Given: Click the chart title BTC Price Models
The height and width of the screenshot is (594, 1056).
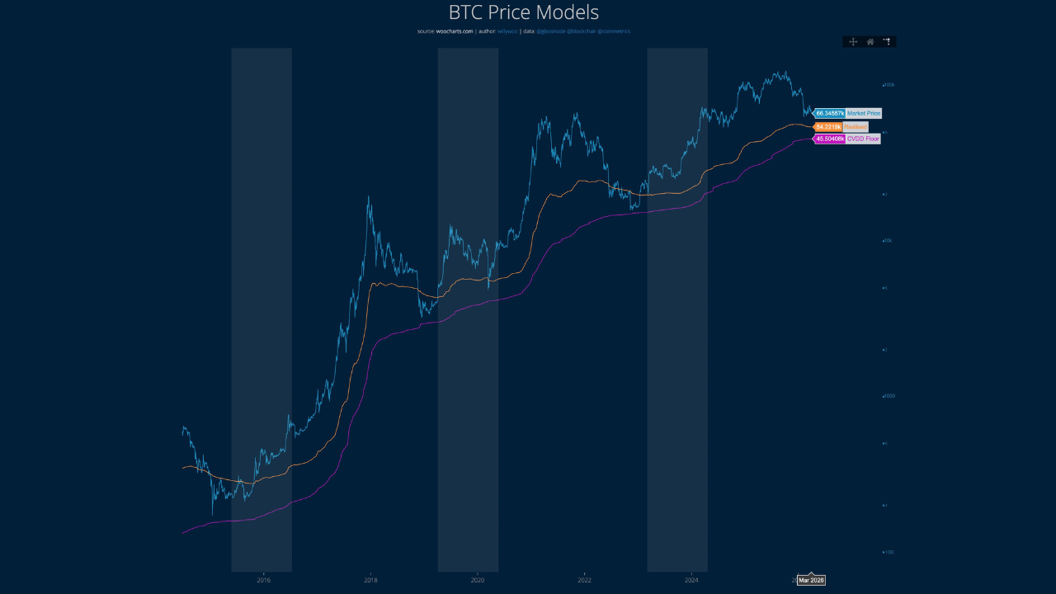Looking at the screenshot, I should pos(523,12).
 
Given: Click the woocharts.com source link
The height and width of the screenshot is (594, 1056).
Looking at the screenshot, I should pos(455,31).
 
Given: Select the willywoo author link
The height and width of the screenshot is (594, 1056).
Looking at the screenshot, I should pos(507,31).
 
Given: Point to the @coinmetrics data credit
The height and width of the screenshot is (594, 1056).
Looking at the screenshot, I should pos(615,31).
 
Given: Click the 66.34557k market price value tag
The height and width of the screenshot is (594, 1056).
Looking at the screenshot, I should pos(829,113).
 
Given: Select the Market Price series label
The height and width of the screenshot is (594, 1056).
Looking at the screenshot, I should pos(864,113).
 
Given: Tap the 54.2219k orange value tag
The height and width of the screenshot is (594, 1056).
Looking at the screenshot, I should pos(828,127).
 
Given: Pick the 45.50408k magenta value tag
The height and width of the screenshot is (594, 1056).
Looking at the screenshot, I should pos(829,139).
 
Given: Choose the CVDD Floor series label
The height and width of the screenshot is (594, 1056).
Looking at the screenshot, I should pos(863,139).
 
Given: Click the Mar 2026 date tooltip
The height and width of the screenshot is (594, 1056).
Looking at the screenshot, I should pos(811,581).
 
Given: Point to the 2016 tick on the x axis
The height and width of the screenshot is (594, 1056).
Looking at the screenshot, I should pos(264,581).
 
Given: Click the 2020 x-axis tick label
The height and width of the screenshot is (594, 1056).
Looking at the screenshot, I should pos(478,581).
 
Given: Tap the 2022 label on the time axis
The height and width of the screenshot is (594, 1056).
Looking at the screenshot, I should pos(585,581).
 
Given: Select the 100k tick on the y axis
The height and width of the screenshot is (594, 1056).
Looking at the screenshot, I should pos(889,85).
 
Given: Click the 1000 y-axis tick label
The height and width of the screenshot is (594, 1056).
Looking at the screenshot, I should pos(889,396).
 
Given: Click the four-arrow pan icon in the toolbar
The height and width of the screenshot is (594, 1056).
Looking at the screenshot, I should pos(853,41).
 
